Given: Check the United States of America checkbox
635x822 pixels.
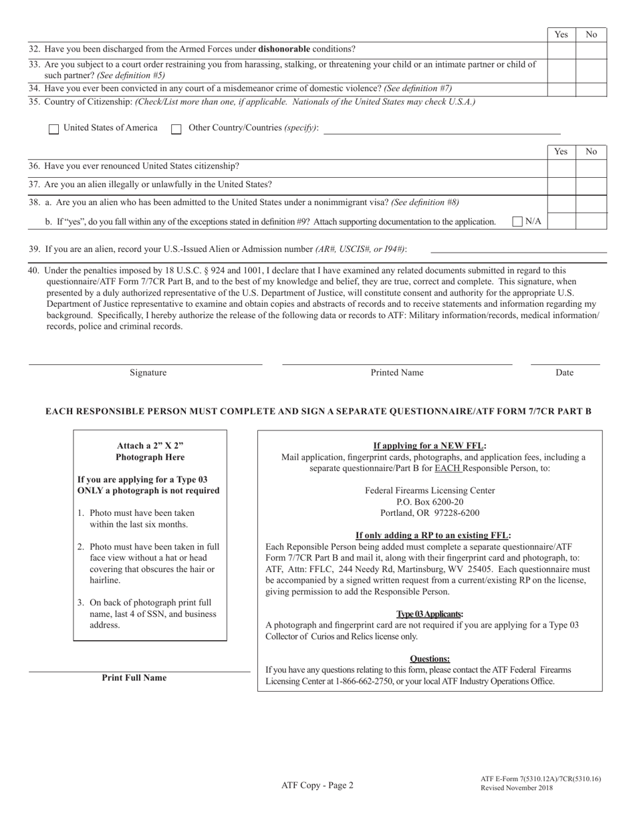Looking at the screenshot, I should click(53, 129).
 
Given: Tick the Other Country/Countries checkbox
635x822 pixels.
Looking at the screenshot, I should click(176, 129).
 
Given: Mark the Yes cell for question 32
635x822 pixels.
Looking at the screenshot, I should click(561, 49).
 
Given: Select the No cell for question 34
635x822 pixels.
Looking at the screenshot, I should click(591, 89).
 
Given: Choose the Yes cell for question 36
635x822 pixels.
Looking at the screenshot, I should click(561, 167).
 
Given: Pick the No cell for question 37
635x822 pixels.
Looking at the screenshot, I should click(591, 185).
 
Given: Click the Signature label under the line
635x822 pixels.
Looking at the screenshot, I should click(148, 373).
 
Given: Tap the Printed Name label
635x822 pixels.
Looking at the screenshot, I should click(397, 373).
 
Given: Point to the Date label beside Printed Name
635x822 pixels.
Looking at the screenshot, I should click(564, 373).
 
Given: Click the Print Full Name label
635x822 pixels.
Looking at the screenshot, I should click(134, 678).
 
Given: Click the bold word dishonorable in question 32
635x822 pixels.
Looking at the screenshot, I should click(284, 49).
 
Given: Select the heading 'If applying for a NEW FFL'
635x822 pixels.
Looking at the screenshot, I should click(430, 446).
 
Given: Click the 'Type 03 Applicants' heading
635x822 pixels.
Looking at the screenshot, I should click(430, 613).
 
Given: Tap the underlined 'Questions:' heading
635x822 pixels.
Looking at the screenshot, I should click(430, 658).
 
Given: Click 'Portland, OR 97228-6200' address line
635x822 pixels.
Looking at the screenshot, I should click(430, 513).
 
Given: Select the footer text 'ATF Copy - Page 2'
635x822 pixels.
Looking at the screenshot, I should click(317, 786).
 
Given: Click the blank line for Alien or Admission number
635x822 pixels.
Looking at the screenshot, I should click(518, 251).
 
